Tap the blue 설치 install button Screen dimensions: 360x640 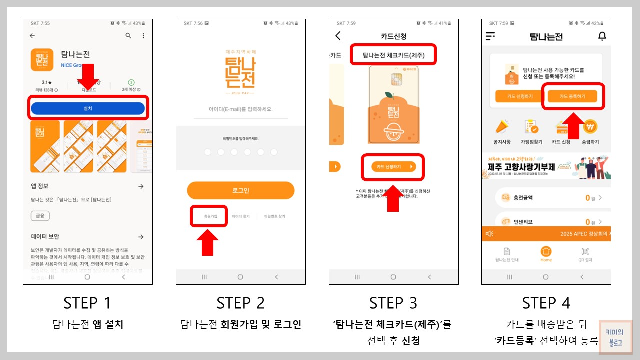click(x=88, y=108)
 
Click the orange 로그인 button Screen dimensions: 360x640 click(x=240, y=190)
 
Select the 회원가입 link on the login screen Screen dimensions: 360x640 click(x=211, y=216)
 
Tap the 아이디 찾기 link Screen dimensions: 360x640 click(x=240, y=216)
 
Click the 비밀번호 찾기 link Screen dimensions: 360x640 click(x=274, y=216)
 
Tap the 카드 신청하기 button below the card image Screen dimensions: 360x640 click(x=393, y=167)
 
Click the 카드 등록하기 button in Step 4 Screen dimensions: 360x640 click(x=572, y=96)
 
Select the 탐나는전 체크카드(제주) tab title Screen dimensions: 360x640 click(x=393, y=55)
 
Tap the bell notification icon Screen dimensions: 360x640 click(x=602, y=36)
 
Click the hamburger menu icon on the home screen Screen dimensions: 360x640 click(x=490, y=36)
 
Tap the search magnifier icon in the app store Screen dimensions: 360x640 click(x=128, y=36)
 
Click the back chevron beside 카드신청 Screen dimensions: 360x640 click(x=338, y=36)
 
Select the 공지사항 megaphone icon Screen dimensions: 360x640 click(x=502, y=128)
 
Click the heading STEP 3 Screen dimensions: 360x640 click(x=393, y=303)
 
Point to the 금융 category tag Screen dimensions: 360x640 click(x=40, y=216)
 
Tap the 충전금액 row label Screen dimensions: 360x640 click(x=523, y=198)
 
